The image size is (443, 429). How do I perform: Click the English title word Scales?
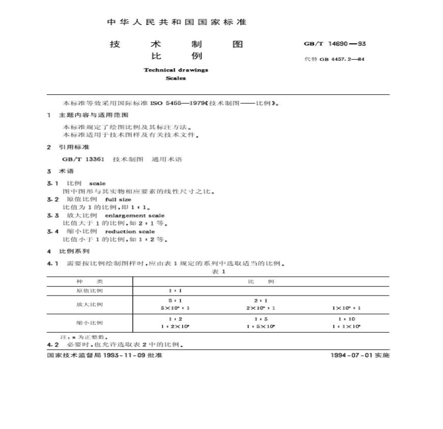[x=176, y=78]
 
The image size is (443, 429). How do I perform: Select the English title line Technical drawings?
[x=176, y=70]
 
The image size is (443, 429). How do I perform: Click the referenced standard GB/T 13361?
[x=84, y=159]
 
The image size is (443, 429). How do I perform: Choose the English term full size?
[x=118, y=200]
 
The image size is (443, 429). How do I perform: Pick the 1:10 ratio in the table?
[x=347, y=319]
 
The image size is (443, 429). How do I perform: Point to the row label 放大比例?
[x=90, y=304]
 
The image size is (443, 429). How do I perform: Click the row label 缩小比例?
[x=90, y=323]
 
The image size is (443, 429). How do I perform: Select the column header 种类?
[x=90, y=281]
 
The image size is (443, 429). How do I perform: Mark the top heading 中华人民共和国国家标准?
[x=177, y=22]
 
